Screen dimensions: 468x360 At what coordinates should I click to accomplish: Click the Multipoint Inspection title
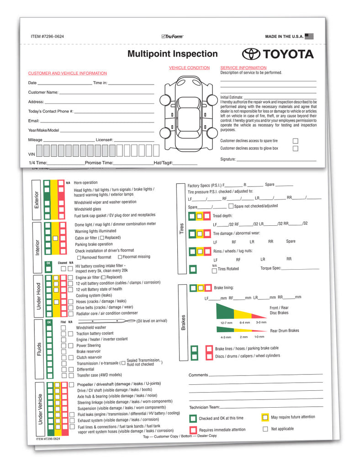click(172, 54)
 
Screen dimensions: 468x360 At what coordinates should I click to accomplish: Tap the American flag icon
click(309, 36)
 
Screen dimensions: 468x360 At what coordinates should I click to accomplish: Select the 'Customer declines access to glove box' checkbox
click(296, 149)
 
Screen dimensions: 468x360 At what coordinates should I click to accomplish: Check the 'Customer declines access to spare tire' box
click(296, 141)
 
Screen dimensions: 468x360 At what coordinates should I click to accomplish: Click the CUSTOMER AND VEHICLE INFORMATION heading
click(68, 73)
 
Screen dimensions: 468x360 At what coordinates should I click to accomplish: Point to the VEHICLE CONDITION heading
click(189, 68)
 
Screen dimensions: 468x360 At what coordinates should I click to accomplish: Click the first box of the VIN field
click(40, 151)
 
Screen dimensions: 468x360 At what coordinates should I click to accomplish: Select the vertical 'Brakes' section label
click(183, 323)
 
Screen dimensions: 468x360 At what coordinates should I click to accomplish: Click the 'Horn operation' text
click(85, 183)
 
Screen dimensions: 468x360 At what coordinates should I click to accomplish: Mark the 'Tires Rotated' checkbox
click(215, 271)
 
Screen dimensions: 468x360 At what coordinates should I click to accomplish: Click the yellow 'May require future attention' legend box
click(265, 417)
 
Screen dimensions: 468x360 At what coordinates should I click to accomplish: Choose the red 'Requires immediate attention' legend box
click(193, 430)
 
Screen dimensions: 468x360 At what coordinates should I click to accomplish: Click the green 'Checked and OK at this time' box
click(193, 418)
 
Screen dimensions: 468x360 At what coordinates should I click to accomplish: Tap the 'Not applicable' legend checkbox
click(265, 429)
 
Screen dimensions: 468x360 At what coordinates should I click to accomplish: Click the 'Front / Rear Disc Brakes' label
click(279, 310)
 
